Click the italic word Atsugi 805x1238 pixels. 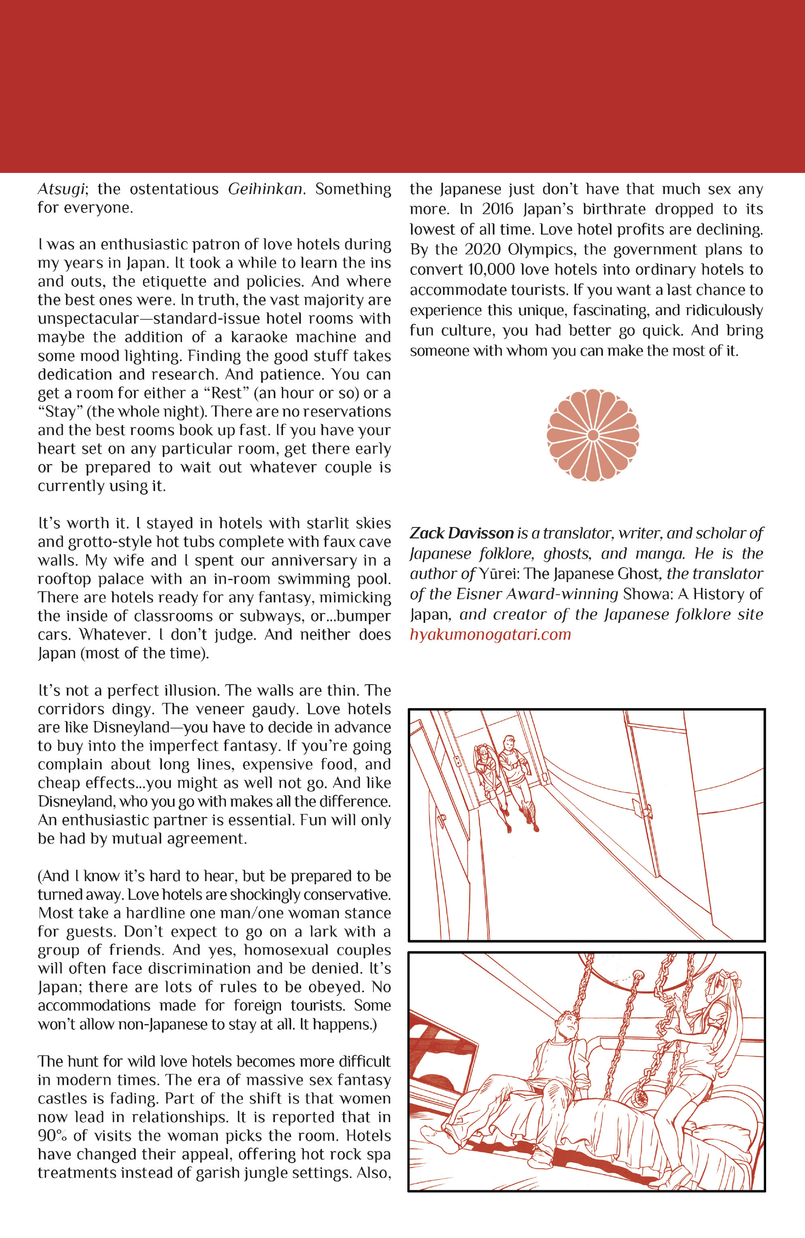coord(61,189)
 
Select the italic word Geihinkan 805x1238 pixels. coord(265,189)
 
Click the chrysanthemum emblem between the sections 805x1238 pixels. coord(592,435)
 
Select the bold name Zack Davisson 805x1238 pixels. coord(461,533)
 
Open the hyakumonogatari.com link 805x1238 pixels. coord(490,635)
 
